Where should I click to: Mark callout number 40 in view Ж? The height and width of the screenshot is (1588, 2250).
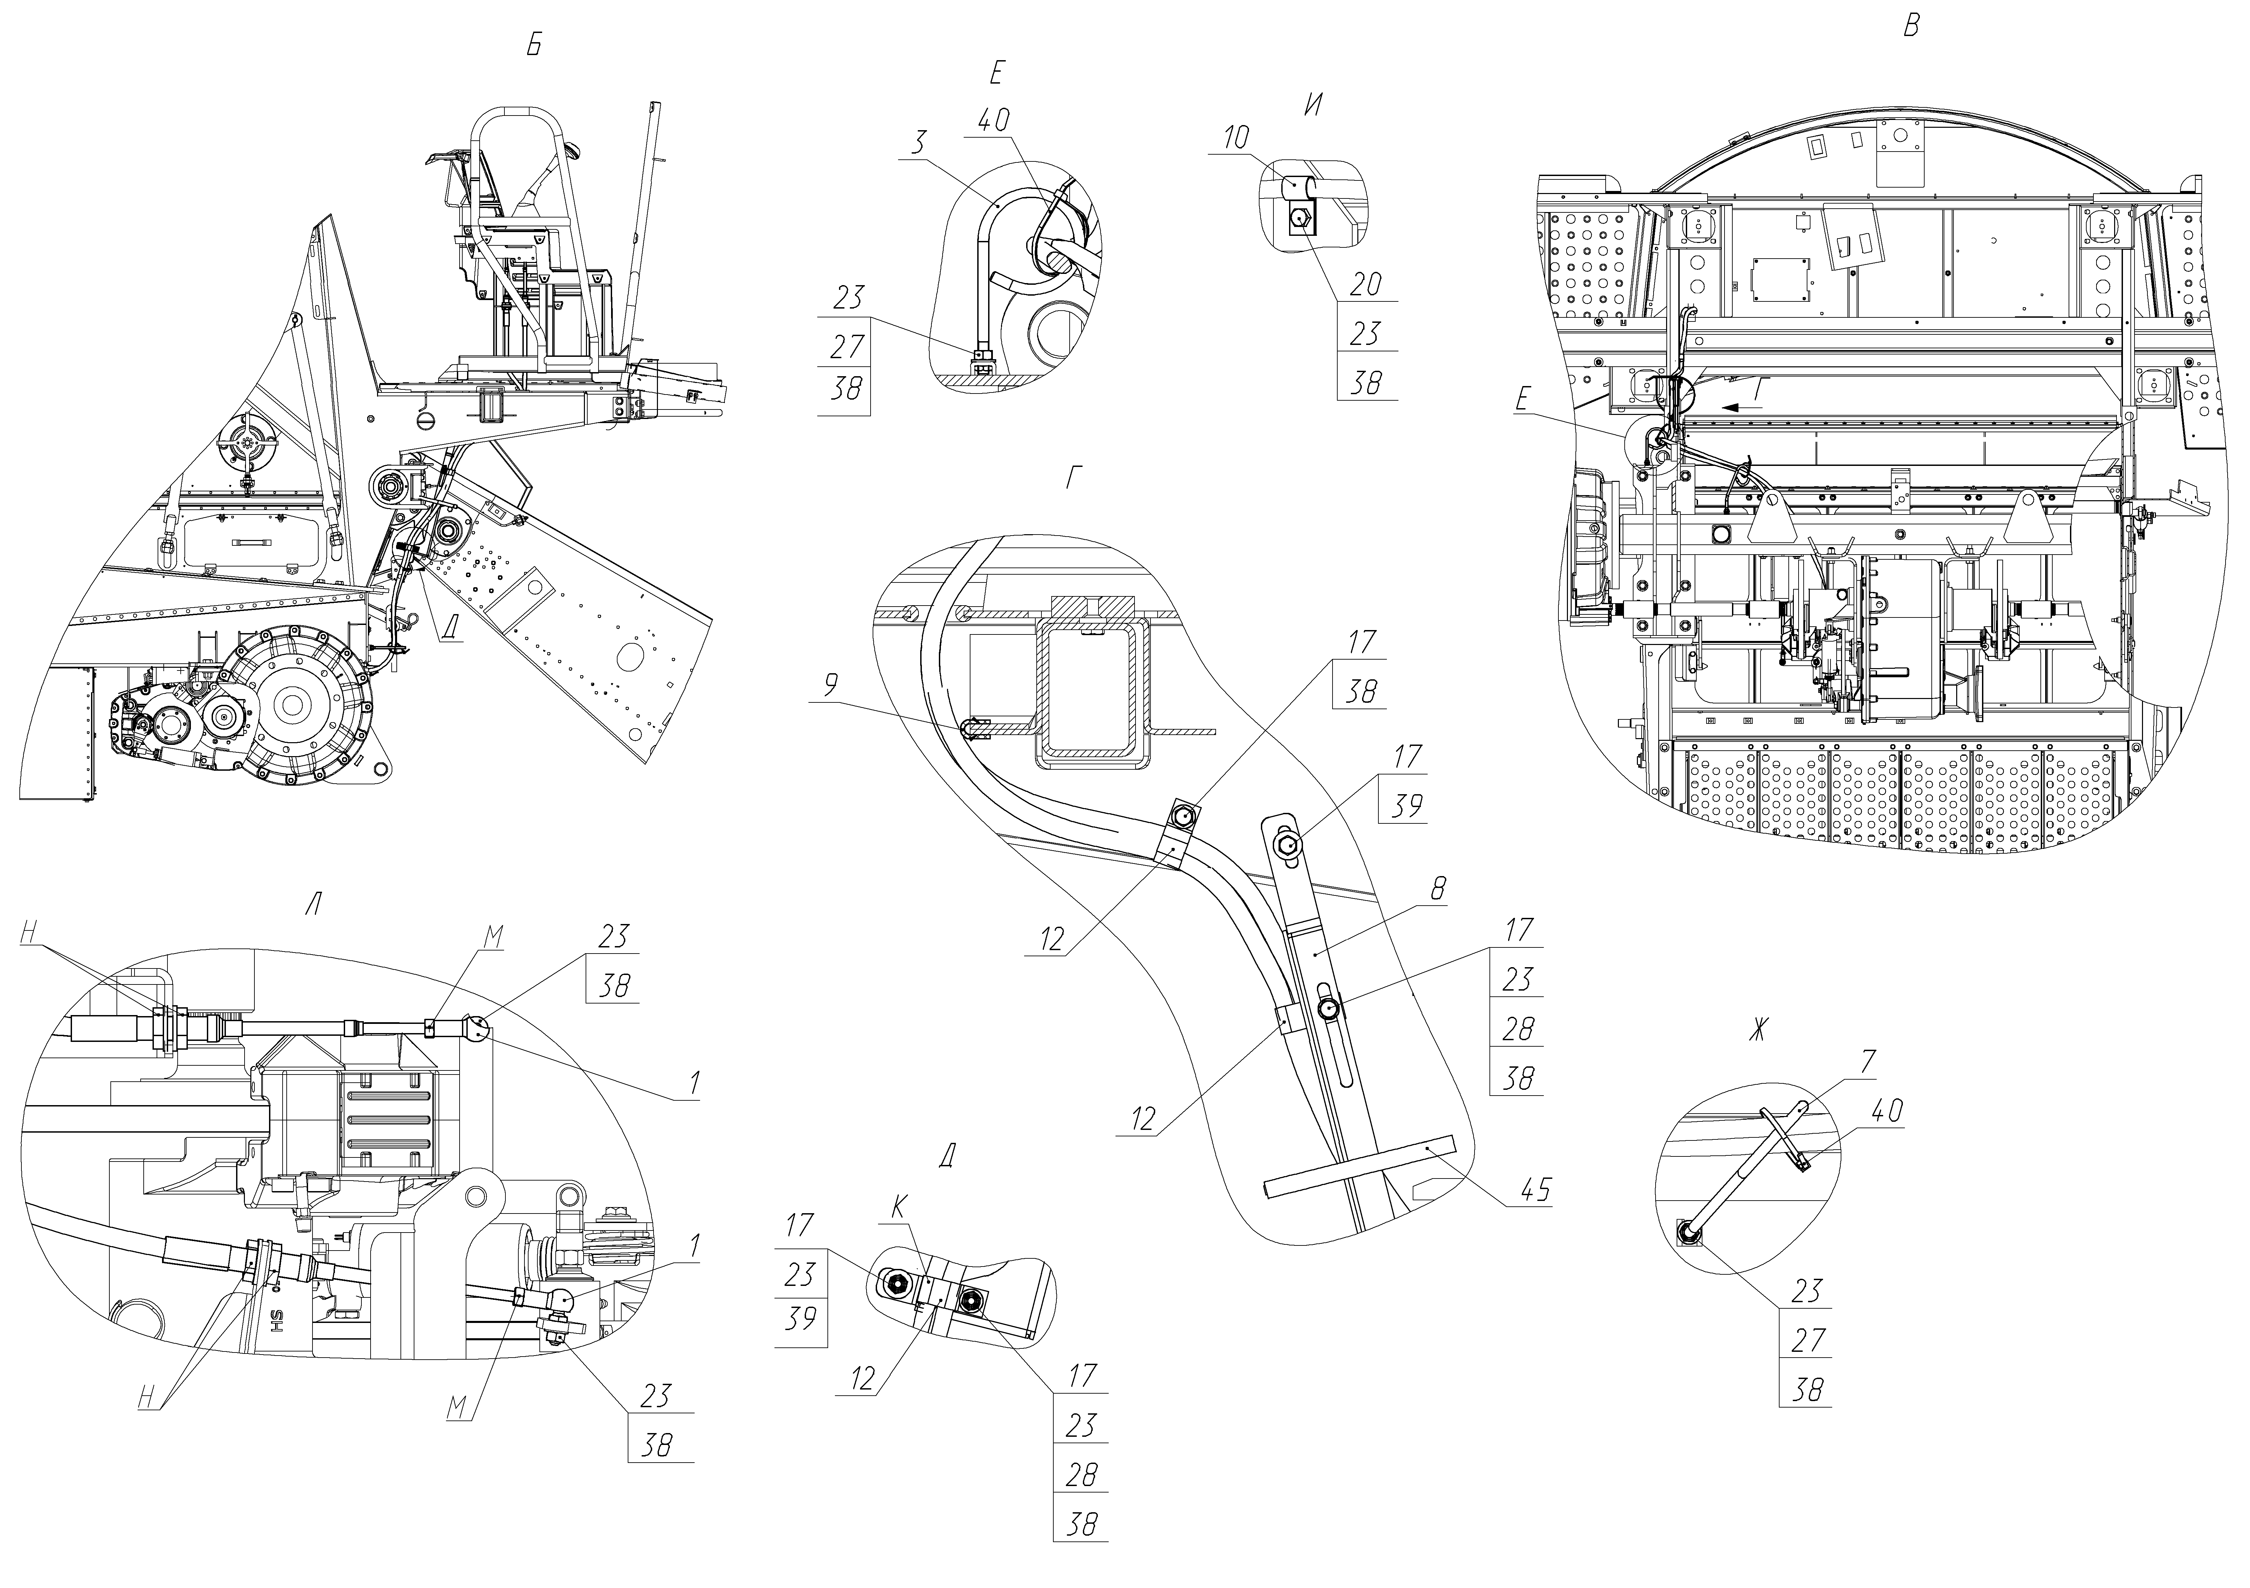[1887, 1112]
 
